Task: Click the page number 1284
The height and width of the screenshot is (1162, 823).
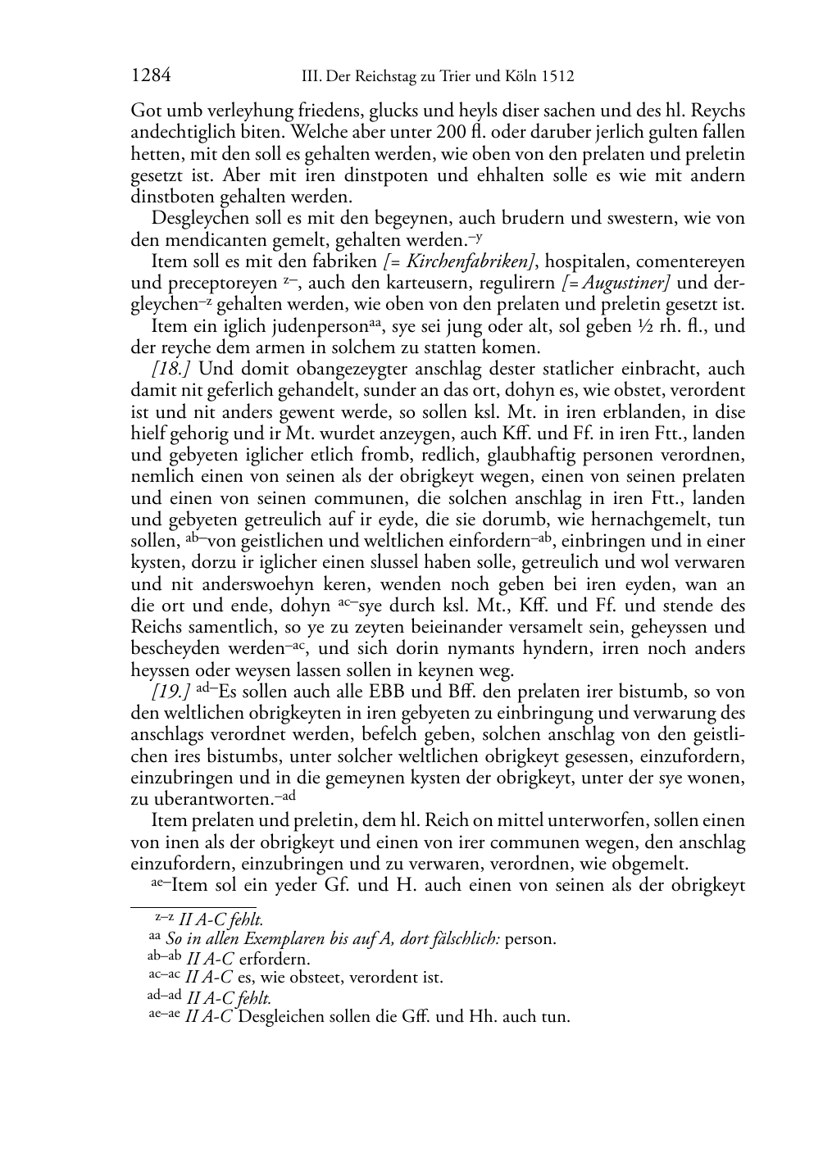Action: point(151,76)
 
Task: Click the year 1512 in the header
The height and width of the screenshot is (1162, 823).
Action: point(557,77)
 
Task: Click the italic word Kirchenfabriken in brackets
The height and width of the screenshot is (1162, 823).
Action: point(463,262)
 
